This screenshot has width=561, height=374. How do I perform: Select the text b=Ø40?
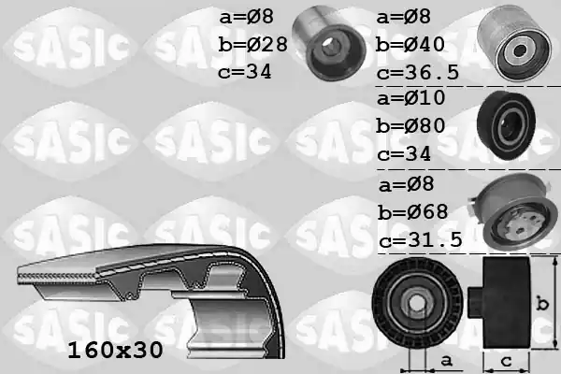coord(410,45)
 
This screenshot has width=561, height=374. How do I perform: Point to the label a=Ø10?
coord(410,98)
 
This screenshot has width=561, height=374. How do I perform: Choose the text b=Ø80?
coord(410,126)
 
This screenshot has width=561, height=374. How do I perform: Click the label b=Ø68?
coord(410,211)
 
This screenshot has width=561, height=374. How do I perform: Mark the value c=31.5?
coord(420,239)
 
